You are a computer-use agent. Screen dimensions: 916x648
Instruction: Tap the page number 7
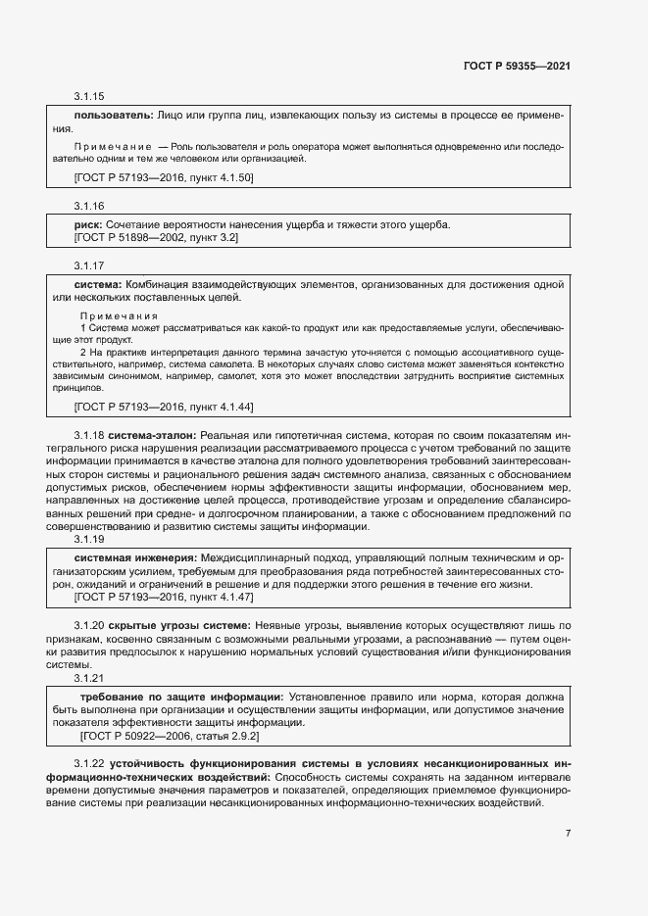[569, 834]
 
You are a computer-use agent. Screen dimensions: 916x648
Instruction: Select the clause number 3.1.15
[88, 97]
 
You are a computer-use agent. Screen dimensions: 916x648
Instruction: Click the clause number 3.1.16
[88, 207]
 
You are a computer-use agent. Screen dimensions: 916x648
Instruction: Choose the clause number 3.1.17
[88, 266]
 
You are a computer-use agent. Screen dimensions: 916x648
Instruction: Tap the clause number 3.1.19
[88, 539]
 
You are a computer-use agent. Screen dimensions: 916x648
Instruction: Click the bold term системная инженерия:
[125, 557]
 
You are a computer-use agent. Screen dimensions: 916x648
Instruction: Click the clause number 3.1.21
[88, 677]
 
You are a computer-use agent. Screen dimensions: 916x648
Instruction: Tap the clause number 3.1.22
[88, 763]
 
